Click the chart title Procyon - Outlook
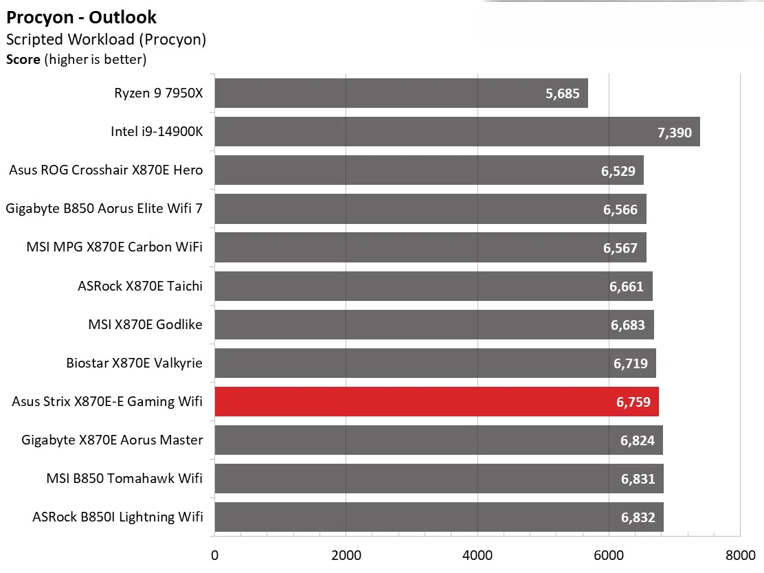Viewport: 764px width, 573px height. click(x=81, y=17)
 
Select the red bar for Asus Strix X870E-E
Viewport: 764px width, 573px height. click(x=436, y=401)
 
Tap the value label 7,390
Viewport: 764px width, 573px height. click(x=675, y=133)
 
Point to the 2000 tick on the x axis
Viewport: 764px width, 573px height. click(x=346, y=555)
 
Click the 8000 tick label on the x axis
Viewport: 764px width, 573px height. click(x=739, y=555)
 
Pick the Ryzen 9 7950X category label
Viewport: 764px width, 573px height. click(x=159, y=93)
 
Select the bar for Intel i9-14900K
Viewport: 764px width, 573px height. click(x=457, y=131)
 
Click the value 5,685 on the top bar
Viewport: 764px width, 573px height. click(x=563, y=94)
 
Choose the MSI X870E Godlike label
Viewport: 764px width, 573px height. click(x=145, y=324)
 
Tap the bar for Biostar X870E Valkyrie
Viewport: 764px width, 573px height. click(x=435, y=363)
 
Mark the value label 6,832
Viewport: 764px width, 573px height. click(x=638, y=518)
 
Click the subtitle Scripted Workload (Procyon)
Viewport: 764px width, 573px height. click(x=106, y=39)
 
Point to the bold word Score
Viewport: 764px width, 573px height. click(x=23, y=60)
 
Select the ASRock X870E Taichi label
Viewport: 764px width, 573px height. click(x=140, y=285)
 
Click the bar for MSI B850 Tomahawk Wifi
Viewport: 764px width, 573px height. click(x=439, y=478)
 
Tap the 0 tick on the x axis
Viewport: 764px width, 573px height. click(x=215, y=555)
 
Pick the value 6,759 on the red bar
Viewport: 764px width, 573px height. click(x=633, y=403)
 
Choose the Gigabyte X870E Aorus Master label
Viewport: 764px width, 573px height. click(x=112, y=440)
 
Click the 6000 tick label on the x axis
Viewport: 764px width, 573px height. click(x=608, y=555)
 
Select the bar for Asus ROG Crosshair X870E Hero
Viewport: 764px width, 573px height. click(x=429, y=170)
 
